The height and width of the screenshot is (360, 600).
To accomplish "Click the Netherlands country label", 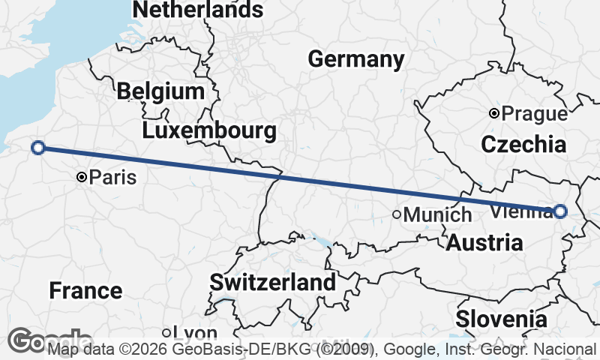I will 198,10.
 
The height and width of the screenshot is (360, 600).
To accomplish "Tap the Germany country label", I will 355,59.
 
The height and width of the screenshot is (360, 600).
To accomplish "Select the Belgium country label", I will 160,91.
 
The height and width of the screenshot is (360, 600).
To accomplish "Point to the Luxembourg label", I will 209,130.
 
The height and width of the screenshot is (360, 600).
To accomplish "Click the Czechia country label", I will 523,145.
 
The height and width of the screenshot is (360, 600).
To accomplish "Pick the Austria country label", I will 484,242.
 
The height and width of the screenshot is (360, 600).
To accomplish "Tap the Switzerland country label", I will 272,283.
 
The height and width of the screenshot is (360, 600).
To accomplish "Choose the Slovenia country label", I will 502,318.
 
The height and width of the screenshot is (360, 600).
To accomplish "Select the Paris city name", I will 112,178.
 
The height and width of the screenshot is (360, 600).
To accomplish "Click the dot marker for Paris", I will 82,178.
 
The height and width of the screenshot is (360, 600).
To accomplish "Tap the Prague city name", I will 534,114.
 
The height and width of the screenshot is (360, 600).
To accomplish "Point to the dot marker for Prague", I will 493,114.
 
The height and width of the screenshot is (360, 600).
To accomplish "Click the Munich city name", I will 437,214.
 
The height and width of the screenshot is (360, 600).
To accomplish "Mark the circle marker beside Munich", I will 397,214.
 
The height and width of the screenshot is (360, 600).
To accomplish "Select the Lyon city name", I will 194,333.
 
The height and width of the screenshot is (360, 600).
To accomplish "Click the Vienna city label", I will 520,211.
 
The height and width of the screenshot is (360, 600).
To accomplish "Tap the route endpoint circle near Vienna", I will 560,211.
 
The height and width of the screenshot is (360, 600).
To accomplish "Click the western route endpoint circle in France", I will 38,148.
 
